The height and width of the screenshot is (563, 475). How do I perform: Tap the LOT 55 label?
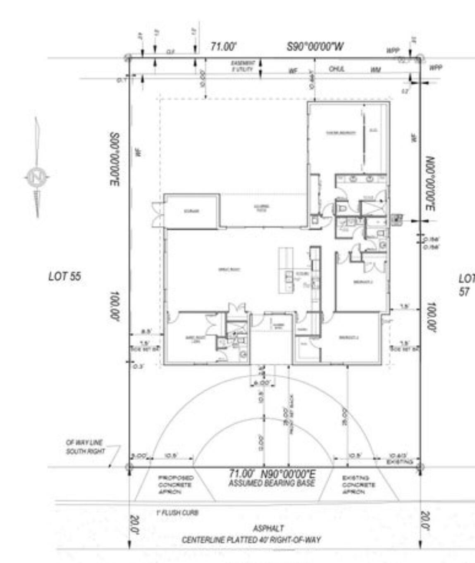click(64, 276)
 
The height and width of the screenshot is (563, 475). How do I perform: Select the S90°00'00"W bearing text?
click(315, 46)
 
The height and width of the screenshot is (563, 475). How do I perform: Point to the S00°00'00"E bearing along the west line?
click(115, 159)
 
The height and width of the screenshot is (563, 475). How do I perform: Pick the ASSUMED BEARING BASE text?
click(272, 483)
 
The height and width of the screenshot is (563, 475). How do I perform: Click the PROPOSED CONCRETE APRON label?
click(175, 485)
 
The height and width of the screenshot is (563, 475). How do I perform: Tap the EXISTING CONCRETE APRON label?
click(358, 485)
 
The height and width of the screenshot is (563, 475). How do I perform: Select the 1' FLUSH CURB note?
click(177, 513)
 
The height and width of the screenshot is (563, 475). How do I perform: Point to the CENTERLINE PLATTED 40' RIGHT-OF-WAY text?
click(251, 540)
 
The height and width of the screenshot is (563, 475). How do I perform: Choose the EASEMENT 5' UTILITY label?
click(243, 66)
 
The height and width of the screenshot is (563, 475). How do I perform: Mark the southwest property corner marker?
click(129, 467)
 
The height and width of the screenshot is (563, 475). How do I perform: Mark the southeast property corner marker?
click(420, 467)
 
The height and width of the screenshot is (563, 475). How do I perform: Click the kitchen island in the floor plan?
click(286, 271)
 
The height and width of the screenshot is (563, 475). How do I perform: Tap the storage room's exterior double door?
click(158, 214)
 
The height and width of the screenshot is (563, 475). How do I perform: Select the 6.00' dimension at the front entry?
click(261, 383)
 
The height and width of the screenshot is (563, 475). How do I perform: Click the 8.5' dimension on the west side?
click(146, 331)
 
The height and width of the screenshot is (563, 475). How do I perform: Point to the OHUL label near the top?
click(337, 69)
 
